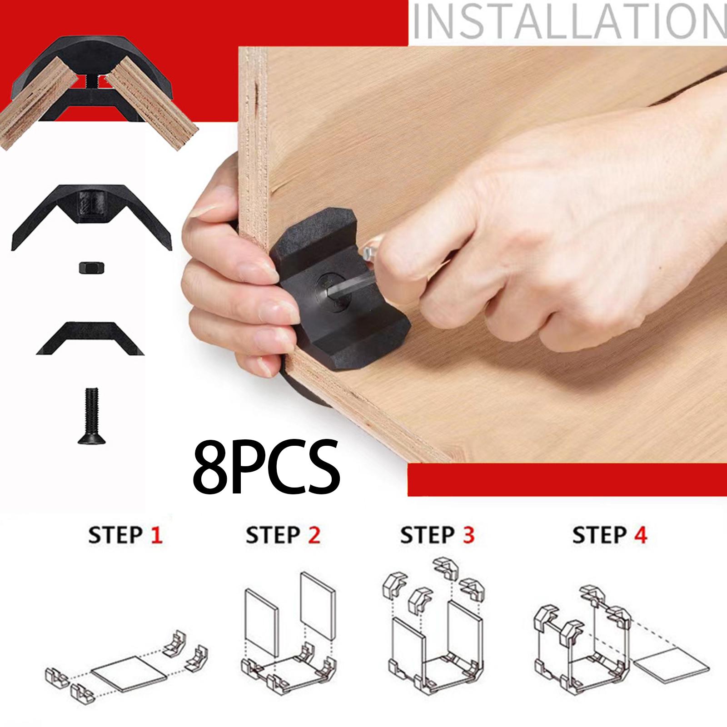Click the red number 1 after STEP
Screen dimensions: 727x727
[x=156, y=535]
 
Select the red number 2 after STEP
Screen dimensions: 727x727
[x=314, y=535]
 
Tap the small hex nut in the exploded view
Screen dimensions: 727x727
[x=90, y=268]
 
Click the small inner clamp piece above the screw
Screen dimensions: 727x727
[x=90, y=338]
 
